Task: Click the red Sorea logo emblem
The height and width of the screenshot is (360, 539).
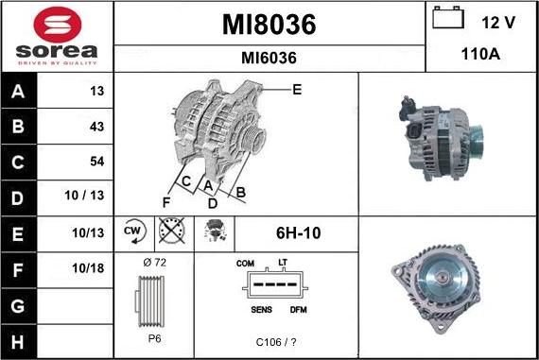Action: coord(58,25)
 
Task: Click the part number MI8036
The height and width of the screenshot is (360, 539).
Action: coord(269,25)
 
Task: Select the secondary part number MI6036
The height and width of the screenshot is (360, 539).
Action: coord(269,58)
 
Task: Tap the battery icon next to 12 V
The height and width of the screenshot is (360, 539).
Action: coord(448,18)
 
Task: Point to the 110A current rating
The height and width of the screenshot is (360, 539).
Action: coord(480,54)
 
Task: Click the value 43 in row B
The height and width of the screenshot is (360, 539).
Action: coord(96,127)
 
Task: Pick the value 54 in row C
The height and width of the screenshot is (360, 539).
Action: coord(97,162)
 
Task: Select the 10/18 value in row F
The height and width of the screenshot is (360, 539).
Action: coord(88,268)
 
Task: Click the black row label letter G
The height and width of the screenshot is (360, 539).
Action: coord(18,306)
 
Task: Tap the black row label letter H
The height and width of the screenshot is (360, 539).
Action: coord(18,341)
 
